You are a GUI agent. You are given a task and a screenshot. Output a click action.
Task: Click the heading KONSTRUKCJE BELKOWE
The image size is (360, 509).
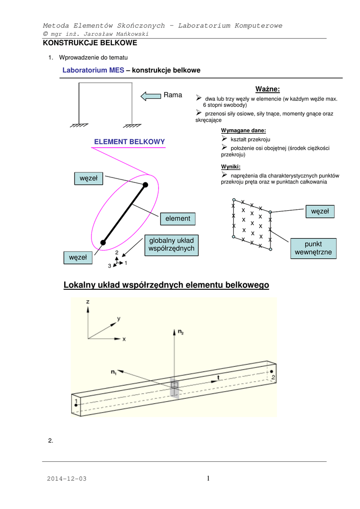[x=90, y=43]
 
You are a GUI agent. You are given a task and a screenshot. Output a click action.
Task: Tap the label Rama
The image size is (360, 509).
[x=173, y=95]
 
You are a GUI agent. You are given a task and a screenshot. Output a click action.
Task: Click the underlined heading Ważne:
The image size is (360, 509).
[x=268, y=89]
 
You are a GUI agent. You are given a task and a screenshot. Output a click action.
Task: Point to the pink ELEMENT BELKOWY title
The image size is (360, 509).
[x=129, y=142]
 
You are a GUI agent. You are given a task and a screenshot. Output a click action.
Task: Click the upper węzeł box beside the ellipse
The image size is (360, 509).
[x=89, y=177]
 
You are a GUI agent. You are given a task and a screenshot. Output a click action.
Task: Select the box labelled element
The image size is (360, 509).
[x=178, y=218]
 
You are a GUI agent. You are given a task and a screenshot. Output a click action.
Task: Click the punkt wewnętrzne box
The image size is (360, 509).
[x=313, y=249]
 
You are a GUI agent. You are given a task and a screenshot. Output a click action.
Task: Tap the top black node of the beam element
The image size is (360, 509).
[x=146, y=185]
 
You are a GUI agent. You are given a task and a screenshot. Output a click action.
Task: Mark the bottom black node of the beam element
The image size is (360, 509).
[x=103, y=243]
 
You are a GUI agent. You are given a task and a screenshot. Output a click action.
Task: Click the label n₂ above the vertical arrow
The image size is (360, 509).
[x=180, y=331]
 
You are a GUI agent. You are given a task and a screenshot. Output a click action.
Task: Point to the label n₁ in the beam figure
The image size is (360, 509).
[x=113, y=370]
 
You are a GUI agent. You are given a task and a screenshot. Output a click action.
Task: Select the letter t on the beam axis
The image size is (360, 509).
[x=218, y=377]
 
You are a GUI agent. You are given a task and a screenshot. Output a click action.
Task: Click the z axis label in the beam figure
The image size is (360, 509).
[x=88, y=301]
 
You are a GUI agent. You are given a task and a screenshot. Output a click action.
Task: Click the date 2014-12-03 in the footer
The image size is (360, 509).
[x=67, y=478]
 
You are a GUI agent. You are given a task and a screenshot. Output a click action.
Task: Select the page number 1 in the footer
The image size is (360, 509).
[x=209, y=478]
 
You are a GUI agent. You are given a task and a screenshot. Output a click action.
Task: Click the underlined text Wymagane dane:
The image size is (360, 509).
[x=244, y=130]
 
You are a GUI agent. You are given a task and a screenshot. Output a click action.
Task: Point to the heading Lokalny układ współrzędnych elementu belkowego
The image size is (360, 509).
[x=167, y=285]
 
